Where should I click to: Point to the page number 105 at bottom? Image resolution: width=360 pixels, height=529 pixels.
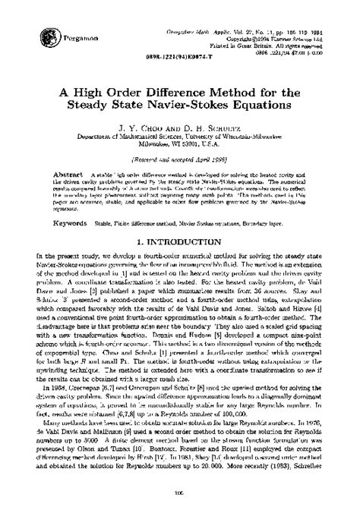point(179,514)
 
